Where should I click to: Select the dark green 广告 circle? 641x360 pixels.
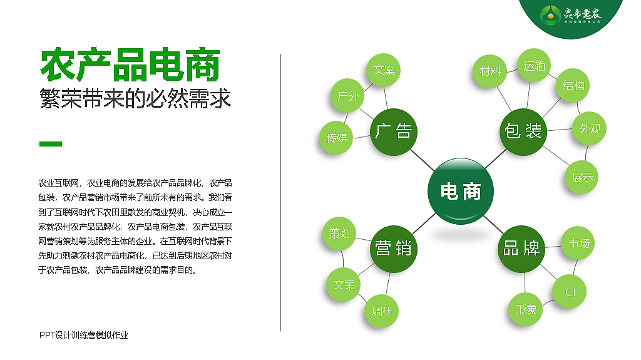393,131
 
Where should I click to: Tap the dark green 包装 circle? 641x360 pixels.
523,131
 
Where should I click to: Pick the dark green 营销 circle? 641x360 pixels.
393,248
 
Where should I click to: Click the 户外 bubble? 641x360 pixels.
348,96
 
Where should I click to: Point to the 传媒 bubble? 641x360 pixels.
337,138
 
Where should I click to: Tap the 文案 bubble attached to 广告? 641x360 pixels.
384,69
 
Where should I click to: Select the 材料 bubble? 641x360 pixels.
491,71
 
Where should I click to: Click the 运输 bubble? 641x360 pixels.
534,65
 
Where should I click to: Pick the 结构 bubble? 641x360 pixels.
574,85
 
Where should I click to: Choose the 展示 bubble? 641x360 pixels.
582,177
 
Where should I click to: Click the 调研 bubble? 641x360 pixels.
382,311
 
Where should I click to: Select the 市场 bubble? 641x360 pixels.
578,244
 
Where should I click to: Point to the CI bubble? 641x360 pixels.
570,292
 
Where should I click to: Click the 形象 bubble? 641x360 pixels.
526,309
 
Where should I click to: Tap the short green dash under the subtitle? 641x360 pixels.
51,144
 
